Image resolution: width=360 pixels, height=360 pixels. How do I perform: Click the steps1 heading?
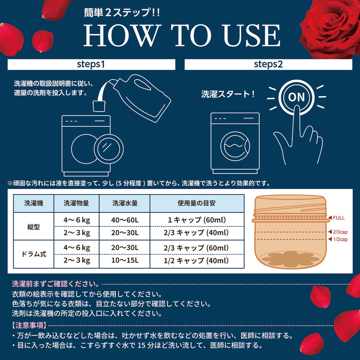[91, 64]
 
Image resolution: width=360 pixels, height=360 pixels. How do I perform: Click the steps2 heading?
[268, 64]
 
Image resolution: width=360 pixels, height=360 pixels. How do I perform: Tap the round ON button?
[296, 97]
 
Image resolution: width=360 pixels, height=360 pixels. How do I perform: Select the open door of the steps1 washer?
[109, 149]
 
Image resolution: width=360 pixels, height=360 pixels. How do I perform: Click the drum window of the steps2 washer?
[235, 146]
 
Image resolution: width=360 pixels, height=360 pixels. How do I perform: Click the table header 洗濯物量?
[76, 203]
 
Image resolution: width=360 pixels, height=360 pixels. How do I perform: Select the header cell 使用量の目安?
[197, 203]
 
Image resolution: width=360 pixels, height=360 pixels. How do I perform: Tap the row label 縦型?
[33, 227]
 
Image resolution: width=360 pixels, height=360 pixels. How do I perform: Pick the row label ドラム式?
[33, 254]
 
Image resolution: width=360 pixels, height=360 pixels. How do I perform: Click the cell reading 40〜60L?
[125, 220]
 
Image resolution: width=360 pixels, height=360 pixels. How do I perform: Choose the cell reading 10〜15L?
[125, 260]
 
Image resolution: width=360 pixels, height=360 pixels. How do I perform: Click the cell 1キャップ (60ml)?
[197, 220]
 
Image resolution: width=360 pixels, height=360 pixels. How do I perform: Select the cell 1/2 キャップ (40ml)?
[196, 260]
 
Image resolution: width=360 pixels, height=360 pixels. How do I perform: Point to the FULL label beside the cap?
[339, 218]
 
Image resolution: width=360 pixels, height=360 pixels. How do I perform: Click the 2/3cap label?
[340, 232]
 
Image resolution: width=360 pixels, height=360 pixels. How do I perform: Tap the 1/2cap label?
[340, 239]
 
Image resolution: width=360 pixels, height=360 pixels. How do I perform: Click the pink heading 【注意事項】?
[30, 325]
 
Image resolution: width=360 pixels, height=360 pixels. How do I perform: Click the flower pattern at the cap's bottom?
[291, 259]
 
